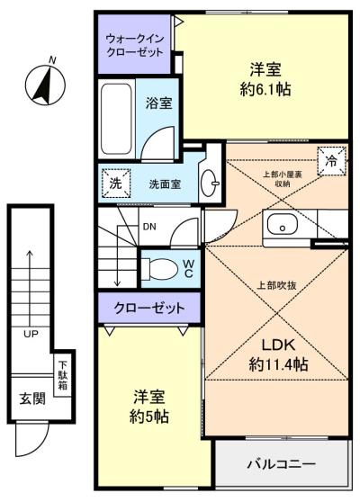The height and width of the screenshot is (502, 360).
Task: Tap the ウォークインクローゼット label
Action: [x=134, y=46]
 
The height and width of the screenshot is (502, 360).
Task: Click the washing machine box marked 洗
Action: [x=114, y=181]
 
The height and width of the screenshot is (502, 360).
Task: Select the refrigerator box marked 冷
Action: [x=332, y=162]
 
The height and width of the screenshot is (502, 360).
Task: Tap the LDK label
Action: [x=278, y=346]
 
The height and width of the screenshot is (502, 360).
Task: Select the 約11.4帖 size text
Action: [x=278, y=365]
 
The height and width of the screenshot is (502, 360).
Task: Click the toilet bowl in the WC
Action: [x=163, y=267]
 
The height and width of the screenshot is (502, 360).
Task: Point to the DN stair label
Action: [x=149, y=227]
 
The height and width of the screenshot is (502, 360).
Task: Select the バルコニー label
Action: [x=281, y=465]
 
